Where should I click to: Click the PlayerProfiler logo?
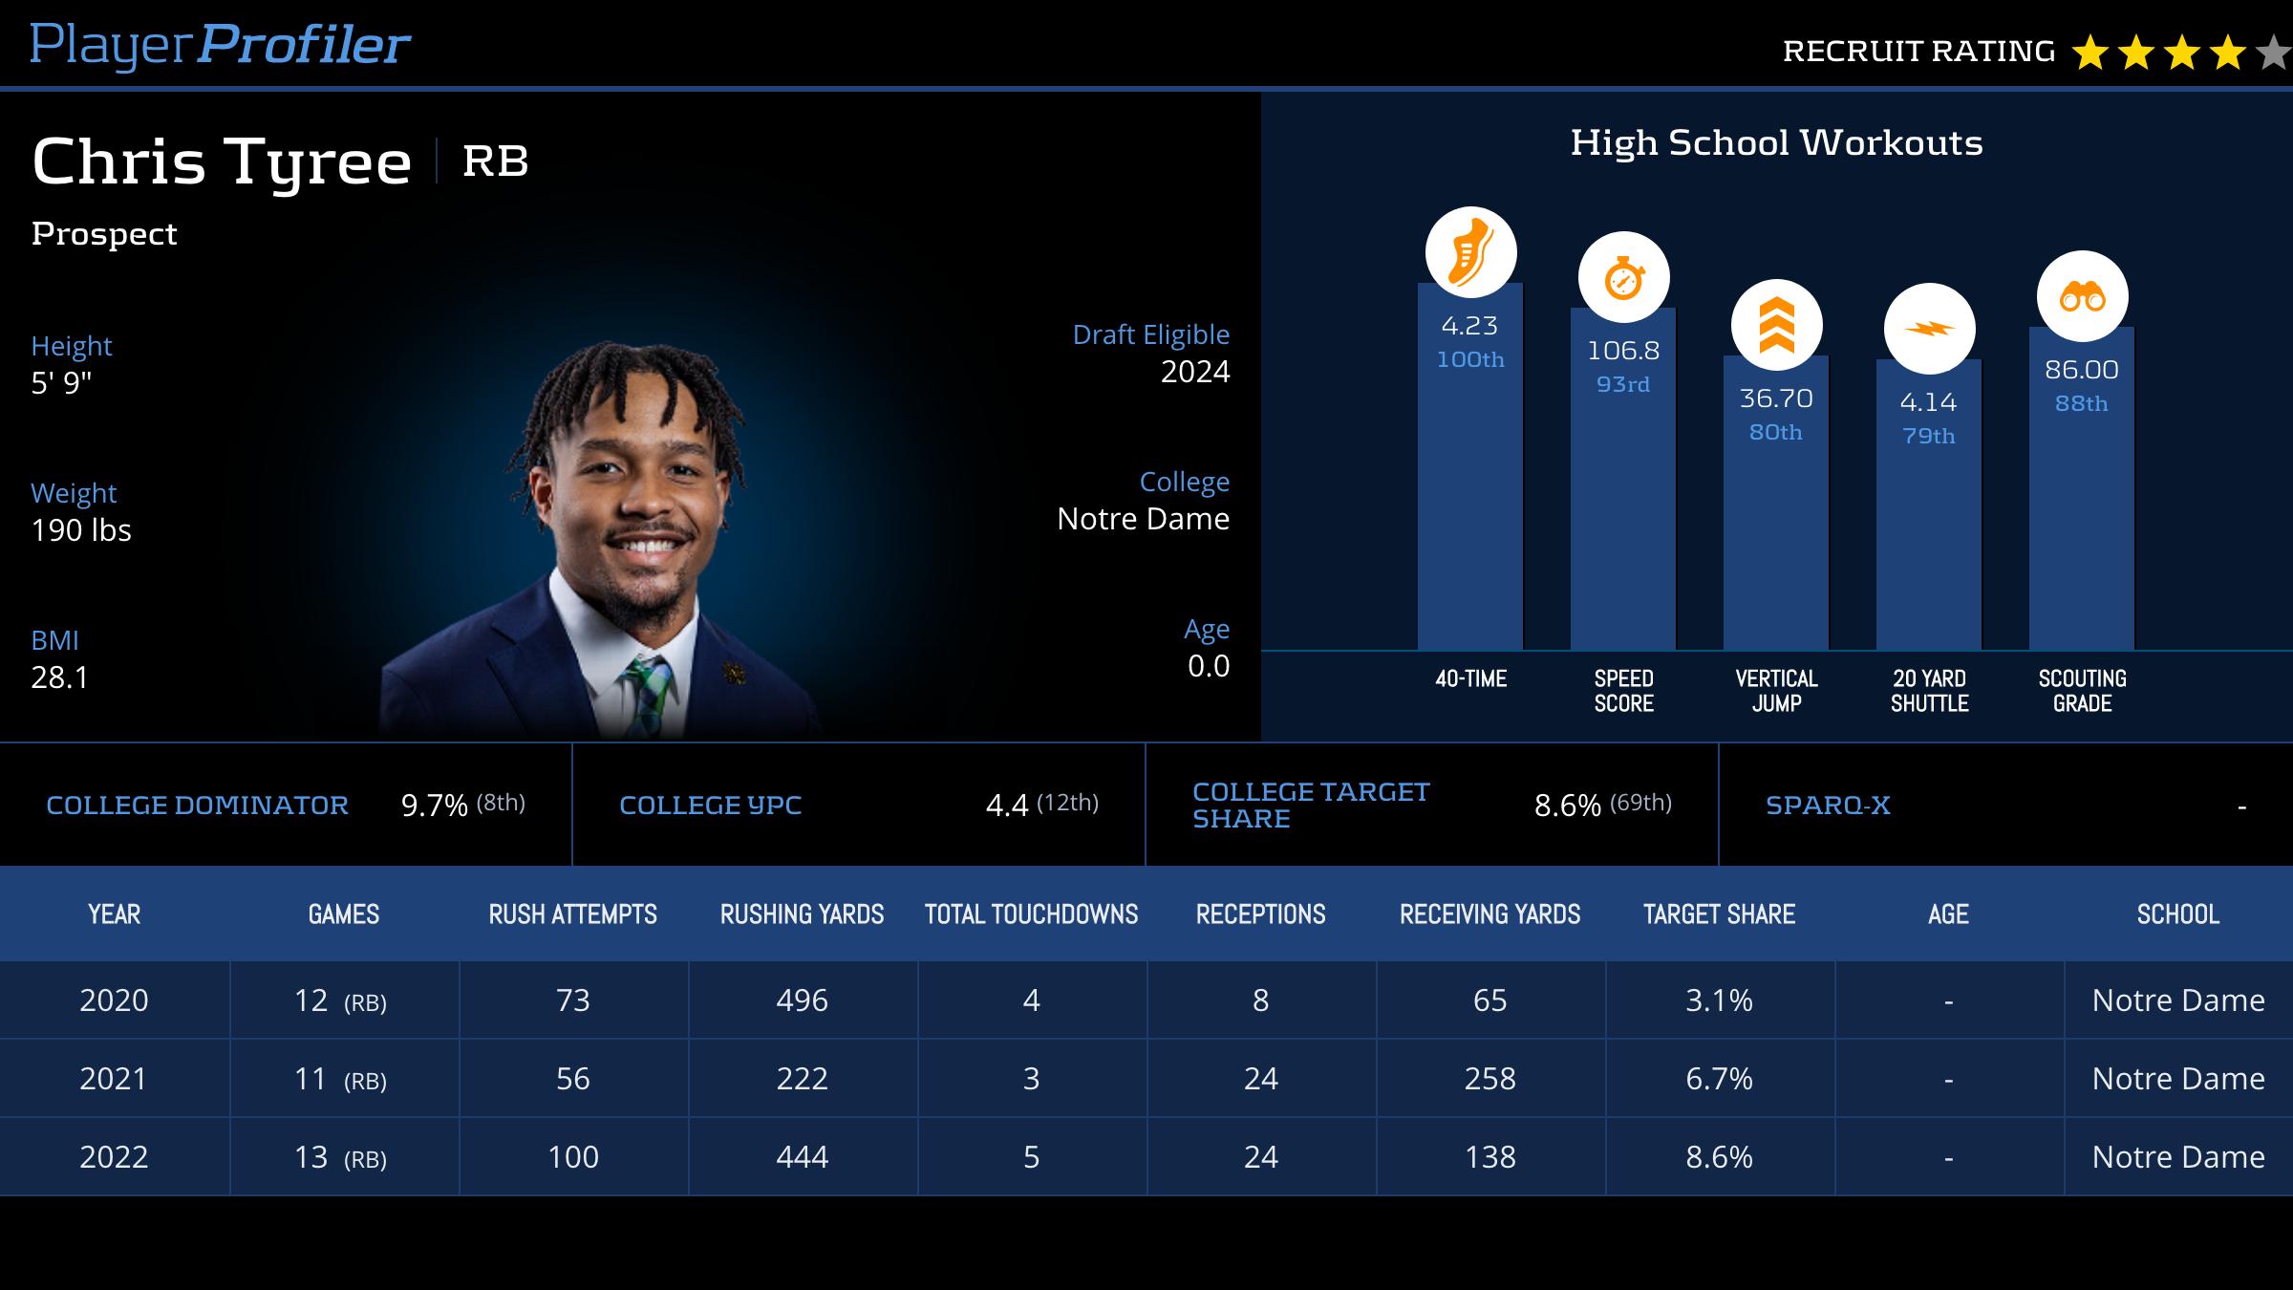220,45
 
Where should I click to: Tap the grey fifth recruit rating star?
2274,53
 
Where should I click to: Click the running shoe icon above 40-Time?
1470,252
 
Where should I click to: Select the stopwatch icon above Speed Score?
1623,278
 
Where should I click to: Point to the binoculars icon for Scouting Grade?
2082,297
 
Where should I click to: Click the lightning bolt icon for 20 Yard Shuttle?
1929,329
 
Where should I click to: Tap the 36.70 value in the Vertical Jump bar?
1776,398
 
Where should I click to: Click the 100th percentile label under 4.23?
1470,360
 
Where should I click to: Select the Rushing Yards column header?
802,914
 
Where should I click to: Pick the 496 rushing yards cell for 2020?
802,1000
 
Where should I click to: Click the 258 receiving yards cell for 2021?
1489,1079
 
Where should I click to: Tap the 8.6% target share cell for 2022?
1719,1157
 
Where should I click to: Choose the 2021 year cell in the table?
114,1079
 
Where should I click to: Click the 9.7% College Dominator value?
434,806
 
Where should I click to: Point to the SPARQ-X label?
1828,806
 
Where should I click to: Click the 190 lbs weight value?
81,530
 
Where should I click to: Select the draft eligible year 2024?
1194,372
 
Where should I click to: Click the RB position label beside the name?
495,161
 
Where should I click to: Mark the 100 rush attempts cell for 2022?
572,1157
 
